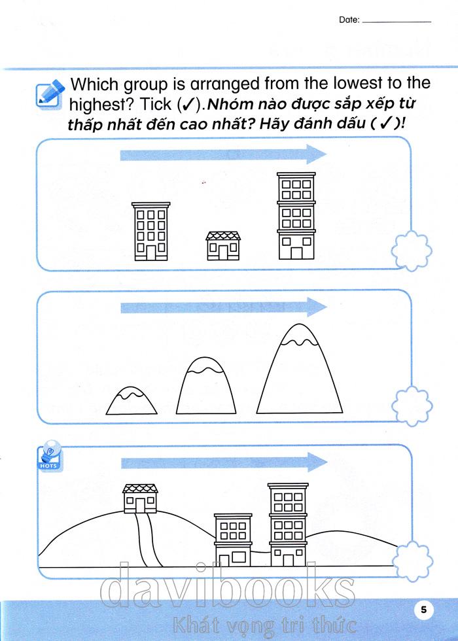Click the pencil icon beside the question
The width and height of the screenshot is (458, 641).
point(51,92)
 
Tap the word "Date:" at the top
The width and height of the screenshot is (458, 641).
point(349,20)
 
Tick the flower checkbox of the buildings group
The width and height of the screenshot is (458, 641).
point(412,251)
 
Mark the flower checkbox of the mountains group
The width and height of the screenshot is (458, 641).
point(412,406)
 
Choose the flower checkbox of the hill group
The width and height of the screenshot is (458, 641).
point(412,561)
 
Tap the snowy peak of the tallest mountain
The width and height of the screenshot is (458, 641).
point(300,333)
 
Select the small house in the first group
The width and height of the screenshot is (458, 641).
point(223,246)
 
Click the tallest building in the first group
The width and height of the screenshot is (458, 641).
point(296,216)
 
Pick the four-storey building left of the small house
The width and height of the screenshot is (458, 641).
point(151,232)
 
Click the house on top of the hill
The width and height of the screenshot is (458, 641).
point(140,498)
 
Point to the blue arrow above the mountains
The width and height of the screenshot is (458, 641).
point(223,307)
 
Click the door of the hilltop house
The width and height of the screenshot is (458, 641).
point(141,505)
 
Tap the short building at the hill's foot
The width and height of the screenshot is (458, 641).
point(233,540)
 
